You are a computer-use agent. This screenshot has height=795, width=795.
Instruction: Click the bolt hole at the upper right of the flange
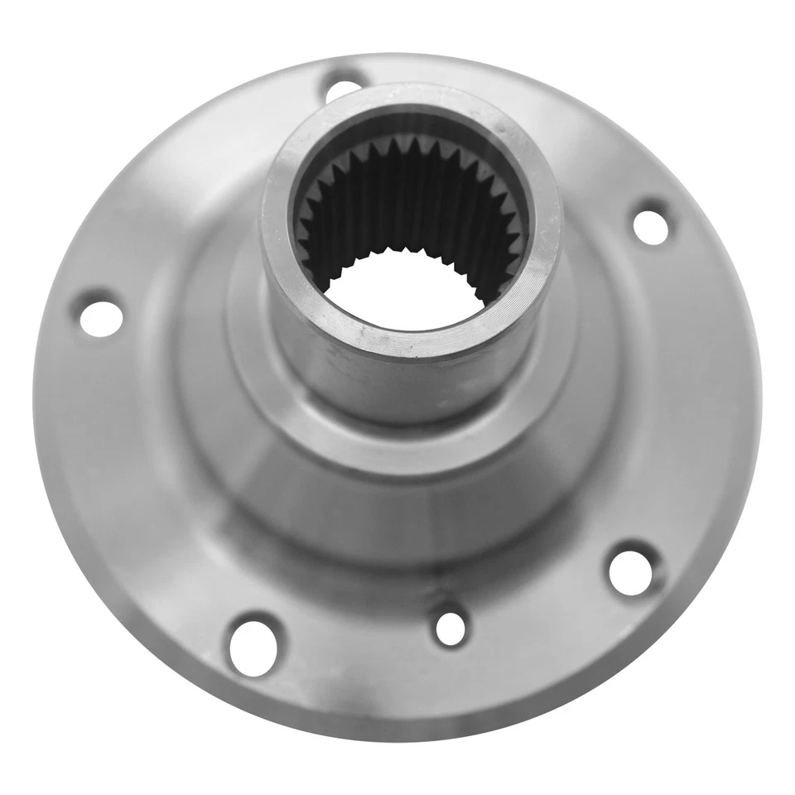coord(652,225)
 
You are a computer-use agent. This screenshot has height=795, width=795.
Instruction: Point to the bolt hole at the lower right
coord(631,570)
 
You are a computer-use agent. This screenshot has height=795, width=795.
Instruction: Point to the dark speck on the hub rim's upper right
coord(502,126)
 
